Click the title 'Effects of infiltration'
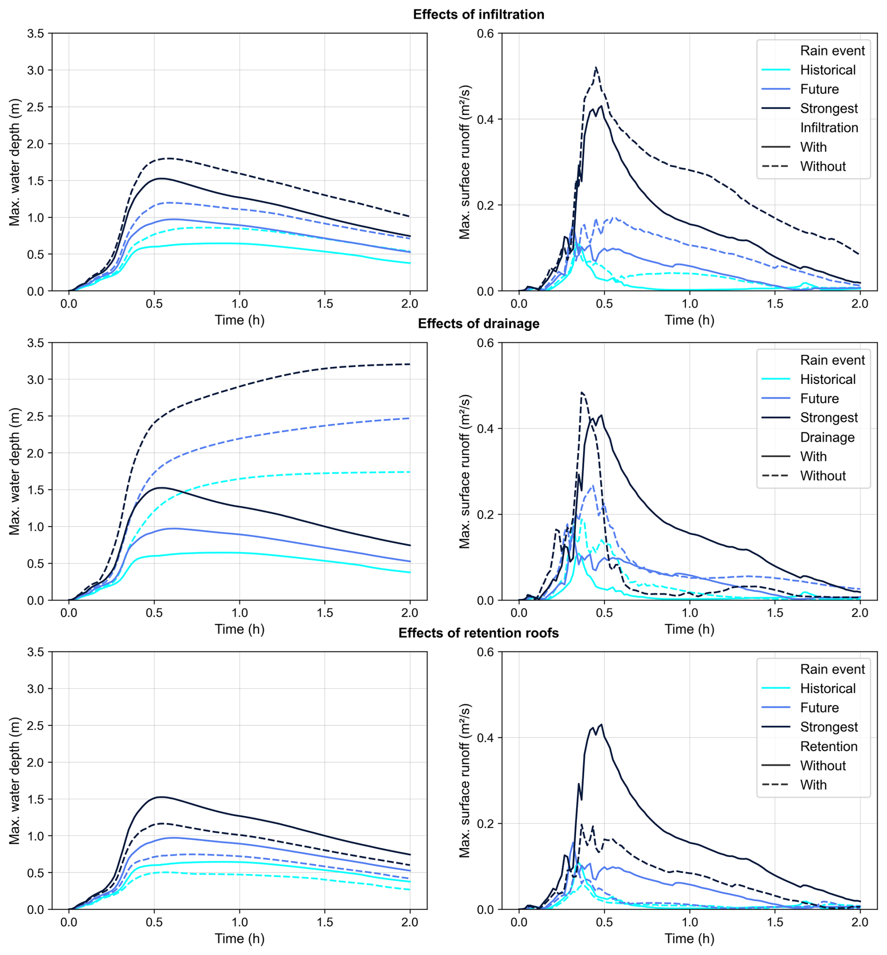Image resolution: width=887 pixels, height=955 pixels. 479,15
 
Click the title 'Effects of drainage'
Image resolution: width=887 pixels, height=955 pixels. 479,324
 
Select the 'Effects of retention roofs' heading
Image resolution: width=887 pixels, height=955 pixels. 479,633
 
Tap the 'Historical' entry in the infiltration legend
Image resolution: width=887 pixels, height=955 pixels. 827,70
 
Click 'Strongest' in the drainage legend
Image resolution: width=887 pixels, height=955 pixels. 828,418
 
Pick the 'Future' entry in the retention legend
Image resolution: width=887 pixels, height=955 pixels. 819,708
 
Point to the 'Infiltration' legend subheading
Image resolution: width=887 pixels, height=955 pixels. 829,128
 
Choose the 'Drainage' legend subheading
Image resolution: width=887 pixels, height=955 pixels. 827,437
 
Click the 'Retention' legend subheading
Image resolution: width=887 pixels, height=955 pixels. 829,746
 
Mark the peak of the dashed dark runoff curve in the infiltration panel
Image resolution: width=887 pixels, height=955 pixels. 596,67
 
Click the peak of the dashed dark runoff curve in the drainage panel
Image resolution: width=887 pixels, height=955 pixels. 582,392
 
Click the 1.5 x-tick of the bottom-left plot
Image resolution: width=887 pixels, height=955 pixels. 325,922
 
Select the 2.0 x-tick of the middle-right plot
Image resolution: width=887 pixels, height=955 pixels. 860,613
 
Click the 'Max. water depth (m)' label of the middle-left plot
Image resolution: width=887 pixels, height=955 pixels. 15,471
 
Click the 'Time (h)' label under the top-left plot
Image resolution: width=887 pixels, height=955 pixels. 240,320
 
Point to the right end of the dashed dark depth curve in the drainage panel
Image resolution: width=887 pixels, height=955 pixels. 410,364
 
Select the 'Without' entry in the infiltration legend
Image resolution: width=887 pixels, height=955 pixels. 823,166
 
